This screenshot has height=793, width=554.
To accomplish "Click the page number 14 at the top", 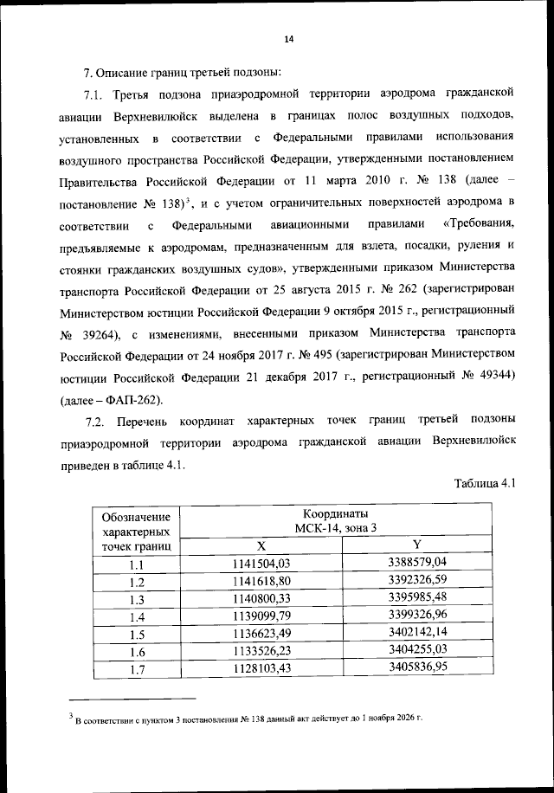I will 289,39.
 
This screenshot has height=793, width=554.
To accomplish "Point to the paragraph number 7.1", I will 93,93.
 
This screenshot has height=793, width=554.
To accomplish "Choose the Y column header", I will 416,545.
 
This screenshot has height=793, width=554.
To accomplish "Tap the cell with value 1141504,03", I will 261,564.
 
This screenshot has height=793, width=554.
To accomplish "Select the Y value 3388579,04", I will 416,564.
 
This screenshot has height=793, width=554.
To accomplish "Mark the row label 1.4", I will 136,617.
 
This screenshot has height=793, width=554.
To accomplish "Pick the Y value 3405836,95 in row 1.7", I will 416,668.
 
